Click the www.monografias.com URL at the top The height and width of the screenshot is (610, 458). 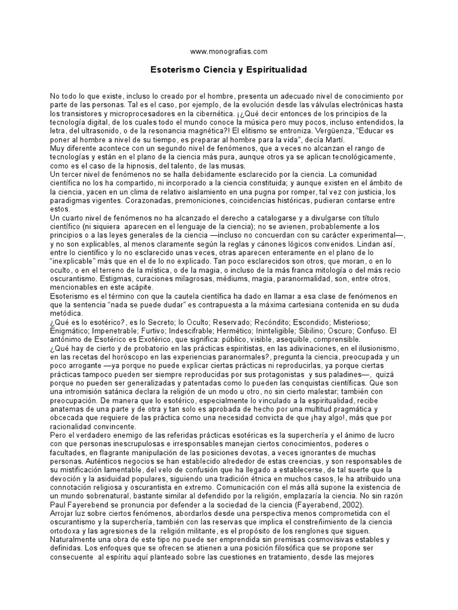228,52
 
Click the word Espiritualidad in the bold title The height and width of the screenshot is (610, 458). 274,70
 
